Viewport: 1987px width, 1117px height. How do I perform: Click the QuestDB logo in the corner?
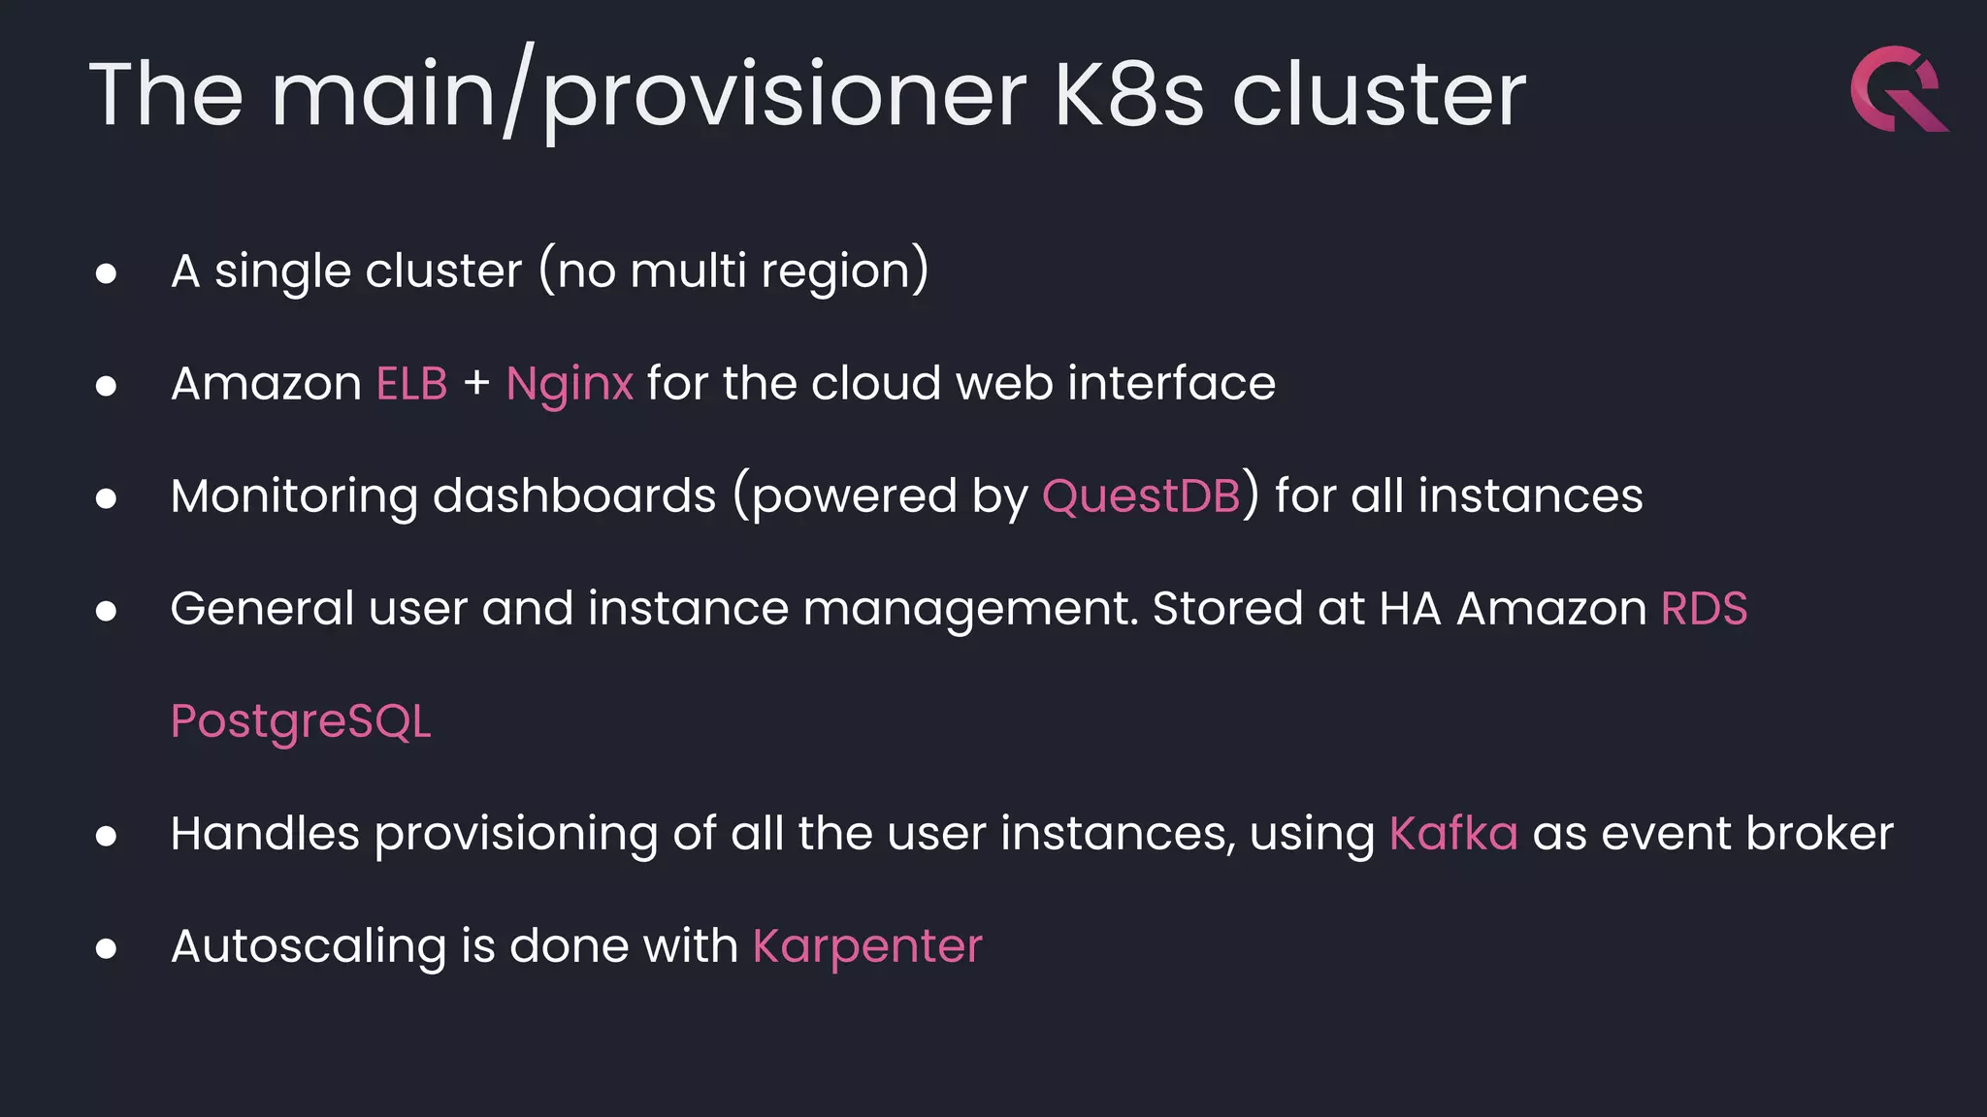pyautogui.click(x=1898, y=89)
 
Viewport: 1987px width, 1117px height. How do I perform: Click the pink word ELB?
pyautogui.click(x=412, y=384)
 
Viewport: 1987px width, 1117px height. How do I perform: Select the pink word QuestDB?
pyautogui.click(x=1141, y=496)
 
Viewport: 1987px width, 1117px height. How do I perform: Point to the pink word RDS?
pyautogui.click(x=1704, y=609)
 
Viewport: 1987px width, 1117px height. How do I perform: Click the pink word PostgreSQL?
pyautogui.click(x=301, y=722)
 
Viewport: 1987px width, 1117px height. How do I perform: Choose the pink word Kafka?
pyautogui.click(x=1453, y=834)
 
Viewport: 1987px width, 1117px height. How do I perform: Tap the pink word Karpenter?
pyautogui.click(x=867, y=947)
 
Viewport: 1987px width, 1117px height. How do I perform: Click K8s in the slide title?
pyautogui.click(x=1129, y=95)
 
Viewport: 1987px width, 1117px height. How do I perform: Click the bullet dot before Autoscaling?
pyautogui.click(x=107, y=948)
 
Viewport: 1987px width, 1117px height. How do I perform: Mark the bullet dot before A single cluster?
pyautogui.click(x=107, y=273)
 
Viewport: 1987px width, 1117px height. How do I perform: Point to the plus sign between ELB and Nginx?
pyautogui.click(x=476, y=384)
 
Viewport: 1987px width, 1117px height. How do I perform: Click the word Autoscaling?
pyautogui.click(x=309, y=947)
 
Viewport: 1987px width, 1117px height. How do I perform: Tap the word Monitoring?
pyautogui.click(x=295, y=497)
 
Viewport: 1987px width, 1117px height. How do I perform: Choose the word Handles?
pyautogui.click(x=265, y=834)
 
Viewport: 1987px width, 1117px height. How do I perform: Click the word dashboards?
pyautogui.click(x=573, y=496)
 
